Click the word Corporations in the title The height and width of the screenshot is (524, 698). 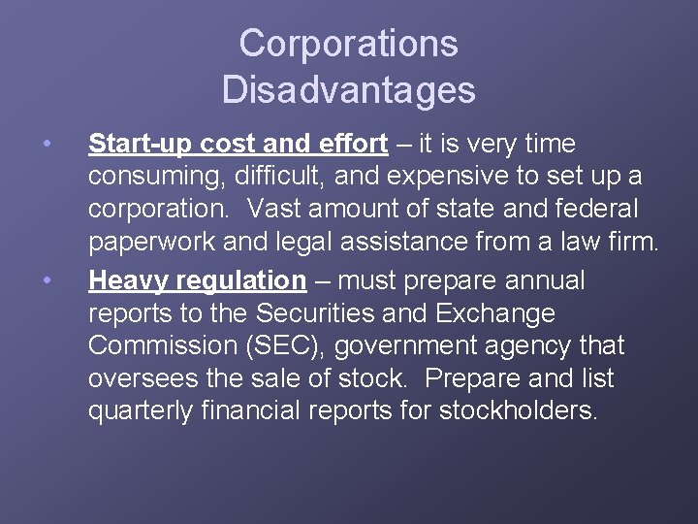click(x=348, y=44)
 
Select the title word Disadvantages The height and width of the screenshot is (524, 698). click(x=348, y=89)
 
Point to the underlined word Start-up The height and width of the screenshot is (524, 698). click(x=140, y=145)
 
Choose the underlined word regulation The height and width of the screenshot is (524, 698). click(x=244, y=281)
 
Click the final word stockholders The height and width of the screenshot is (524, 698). click(x=519, y=411)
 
